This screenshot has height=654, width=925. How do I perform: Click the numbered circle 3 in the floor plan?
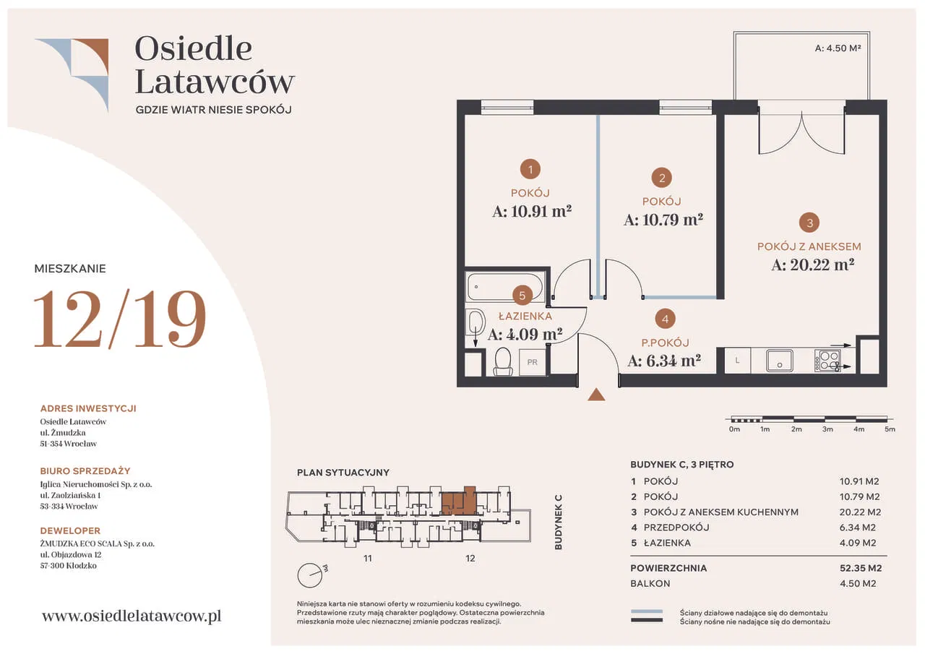coord(809,223)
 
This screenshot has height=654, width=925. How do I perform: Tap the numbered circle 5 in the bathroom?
coord(522,296)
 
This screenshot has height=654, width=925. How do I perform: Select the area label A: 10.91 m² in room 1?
coord(532,212)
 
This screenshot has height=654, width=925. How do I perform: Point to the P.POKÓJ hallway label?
coord(666,343)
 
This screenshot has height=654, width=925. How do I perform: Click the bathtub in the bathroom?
coord(504,286)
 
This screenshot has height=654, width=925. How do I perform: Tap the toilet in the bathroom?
coord(502,361)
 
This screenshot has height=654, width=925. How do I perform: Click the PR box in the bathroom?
coord(533,362)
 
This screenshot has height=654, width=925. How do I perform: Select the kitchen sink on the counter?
coord(779,361)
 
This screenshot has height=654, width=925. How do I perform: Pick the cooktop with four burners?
coord(827,361)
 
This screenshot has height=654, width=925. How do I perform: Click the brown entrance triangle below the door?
coord(596,395)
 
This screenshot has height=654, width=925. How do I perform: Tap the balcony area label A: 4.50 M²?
coord(838,48)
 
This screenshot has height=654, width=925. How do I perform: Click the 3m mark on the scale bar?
coord(827,429)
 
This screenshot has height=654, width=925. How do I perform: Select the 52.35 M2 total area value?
coord(861,568)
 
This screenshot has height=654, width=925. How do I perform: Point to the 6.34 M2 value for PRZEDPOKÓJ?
coord(858,528)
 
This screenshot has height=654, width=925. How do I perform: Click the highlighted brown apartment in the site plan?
coord(459,502)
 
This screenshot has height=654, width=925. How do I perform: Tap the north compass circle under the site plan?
coord(310,575)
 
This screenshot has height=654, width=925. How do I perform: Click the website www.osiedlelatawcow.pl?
coord(132,616)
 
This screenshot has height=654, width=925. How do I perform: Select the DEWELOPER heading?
coord(70,530)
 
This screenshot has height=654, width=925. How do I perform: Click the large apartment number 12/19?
coord(120,319)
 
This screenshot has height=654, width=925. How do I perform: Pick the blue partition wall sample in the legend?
coord(647,611)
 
